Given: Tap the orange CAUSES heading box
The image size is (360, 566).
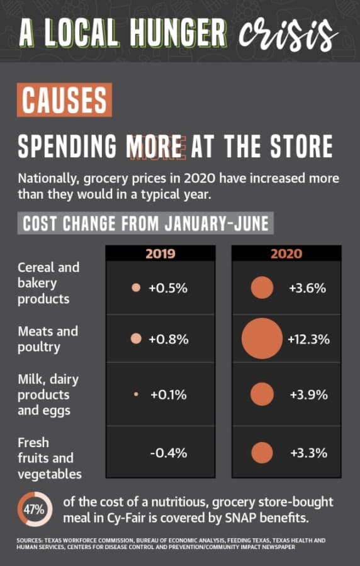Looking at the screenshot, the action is [x=64, y=99].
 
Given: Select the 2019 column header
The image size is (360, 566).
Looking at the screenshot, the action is [x=160, y=253].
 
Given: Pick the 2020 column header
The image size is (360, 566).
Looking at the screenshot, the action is [x=286, y=253].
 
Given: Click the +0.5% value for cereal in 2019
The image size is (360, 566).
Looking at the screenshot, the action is [x=168, y=288].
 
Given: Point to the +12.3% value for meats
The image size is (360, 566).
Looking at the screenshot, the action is [x=309, y=340].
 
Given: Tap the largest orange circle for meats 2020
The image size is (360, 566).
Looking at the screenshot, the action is [x=262, y=338].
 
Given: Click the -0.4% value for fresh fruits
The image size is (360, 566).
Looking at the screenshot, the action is [x=169, y=453].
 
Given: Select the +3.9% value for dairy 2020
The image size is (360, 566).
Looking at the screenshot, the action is [x=309, y=394].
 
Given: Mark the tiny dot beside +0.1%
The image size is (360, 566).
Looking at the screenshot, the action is [x=136, y=394].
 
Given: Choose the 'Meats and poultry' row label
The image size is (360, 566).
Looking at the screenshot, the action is [x=48, y=339].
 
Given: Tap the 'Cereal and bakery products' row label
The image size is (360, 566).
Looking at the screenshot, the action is [x=48, y=283].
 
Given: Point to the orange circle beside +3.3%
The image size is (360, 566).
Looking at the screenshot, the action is [x=262, y=453].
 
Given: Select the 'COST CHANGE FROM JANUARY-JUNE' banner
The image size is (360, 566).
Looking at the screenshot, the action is [x=145, y=223].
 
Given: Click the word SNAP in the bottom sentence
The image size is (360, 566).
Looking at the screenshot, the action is [x=237, y=518].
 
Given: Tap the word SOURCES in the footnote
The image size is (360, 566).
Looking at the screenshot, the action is [x=29, y=540].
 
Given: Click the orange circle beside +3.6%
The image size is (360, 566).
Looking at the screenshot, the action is [x=262, y=287].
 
